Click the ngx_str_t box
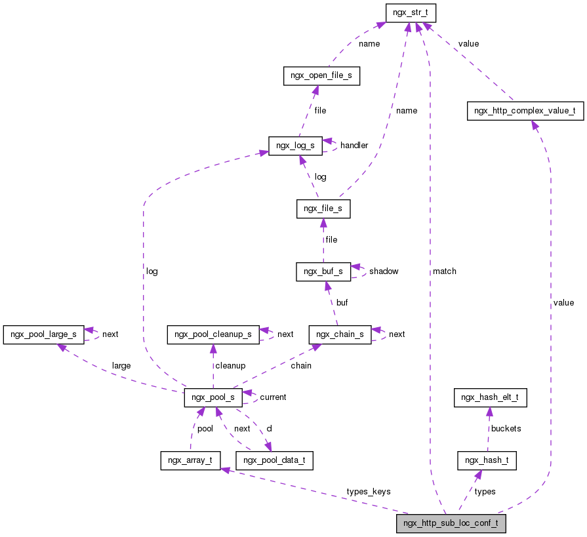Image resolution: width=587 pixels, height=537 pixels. (411, 12)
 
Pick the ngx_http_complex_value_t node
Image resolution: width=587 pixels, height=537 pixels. (525, 111)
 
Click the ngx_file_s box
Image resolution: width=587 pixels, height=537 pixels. (323, 209)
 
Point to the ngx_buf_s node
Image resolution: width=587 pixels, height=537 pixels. (323, 271)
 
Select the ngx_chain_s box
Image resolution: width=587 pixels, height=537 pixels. (340, 334)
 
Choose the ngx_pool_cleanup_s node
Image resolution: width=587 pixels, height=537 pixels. (213, 334)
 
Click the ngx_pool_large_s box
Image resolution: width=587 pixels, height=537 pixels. (43, 334)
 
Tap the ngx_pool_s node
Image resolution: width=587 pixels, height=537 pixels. (213, 397)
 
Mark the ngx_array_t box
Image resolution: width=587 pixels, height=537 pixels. (190, 460)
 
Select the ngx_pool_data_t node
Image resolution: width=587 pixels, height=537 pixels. (274, 460)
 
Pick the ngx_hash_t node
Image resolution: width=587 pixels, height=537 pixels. (487, 460)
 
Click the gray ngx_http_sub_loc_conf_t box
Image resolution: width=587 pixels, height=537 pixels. (451, 524)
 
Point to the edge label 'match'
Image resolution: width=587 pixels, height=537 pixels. (444, 271)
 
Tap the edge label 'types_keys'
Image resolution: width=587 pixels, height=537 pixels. (368, 492)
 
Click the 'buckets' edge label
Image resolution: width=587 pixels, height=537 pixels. (506, 428)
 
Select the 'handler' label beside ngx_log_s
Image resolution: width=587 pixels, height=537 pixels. (354, 145)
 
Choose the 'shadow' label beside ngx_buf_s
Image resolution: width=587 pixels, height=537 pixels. (384, 271)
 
